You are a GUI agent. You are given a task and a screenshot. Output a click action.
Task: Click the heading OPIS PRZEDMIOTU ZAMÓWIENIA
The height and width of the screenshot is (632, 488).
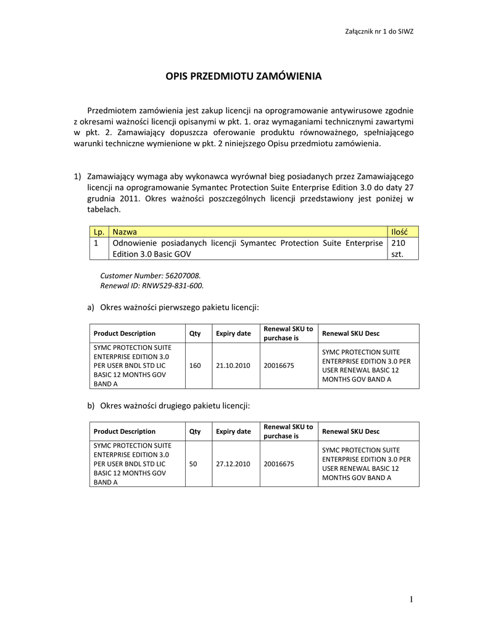(x=244, y=77)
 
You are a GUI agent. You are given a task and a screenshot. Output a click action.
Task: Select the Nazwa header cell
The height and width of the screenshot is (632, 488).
(x=125, y=231)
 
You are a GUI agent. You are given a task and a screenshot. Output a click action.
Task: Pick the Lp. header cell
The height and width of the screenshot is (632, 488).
(x=98, y=231)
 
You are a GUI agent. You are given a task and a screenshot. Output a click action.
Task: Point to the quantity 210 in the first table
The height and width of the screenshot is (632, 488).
(x=399, y=243)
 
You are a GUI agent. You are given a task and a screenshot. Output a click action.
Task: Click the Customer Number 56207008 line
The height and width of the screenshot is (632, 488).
(x=151, y=275)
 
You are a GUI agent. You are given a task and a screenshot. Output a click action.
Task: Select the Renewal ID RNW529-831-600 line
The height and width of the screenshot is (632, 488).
(x=152, y=286)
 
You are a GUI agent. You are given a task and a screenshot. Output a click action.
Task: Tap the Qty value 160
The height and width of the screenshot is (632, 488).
(x=195, y=365)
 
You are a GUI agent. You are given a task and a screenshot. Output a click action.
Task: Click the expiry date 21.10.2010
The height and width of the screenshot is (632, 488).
(x=233, y=365)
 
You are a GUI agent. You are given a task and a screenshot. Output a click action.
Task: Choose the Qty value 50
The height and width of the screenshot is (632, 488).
(x=193, y=464)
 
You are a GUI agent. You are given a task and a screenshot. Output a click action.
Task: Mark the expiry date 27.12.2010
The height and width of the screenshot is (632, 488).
(x=233, y=464)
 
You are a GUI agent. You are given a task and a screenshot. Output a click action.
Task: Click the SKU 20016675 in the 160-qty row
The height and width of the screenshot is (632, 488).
(x=279, y=365)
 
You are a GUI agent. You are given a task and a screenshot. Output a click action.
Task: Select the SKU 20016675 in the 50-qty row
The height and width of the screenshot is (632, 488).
(x=279, y=464)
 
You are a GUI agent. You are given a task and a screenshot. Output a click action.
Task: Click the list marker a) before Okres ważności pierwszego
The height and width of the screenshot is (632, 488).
(x=91, y=307)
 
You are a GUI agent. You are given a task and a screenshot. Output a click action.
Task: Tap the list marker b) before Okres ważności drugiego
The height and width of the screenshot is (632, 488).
(x=91, y=405)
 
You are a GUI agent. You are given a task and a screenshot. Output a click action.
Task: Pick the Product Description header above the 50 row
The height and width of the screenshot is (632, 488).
(x=125, y=431)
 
